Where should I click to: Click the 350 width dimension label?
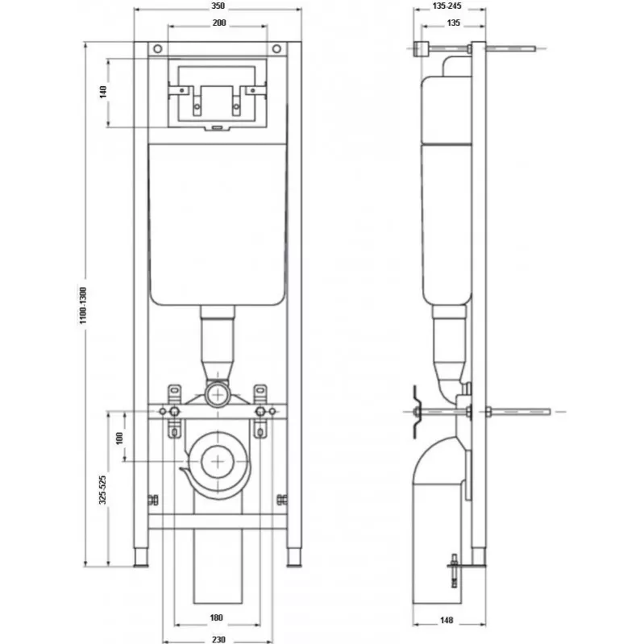(x=218, y=6)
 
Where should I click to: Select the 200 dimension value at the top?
(x=219, y=23)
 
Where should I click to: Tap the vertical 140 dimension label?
(x=103, y=92)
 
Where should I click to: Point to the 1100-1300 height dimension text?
(x=83, y=305)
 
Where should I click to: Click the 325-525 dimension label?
(x=102, y=489)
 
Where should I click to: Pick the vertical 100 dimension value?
(x=119, y=438)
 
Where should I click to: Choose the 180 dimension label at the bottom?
(x=217, y=617)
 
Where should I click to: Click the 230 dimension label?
(x=219, y=639)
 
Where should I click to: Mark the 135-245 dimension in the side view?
(x=447, y=6)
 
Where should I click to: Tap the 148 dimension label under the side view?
(x=447, y=620)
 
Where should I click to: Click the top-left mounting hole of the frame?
(x=158, y=49)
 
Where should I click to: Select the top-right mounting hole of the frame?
(x=276, y=49)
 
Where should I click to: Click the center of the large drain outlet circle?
(x=218, y=462)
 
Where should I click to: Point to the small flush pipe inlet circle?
(x=218, y=395)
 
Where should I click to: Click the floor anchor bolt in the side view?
(x=455, y=571)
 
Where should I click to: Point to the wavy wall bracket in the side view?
(x=417, y=412)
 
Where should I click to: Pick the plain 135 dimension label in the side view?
(x=454, y=23)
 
